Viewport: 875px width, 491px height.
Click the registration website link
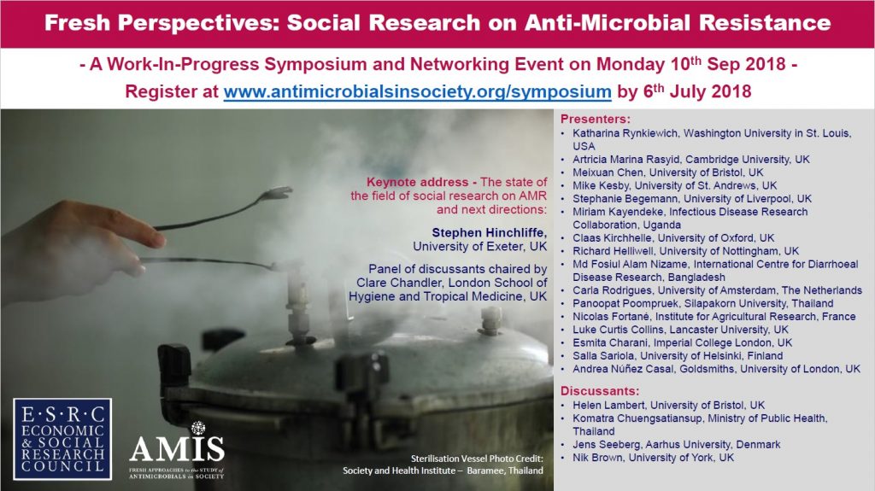tap(417, 91)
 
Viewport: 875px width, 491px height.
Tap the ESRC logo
tap(62, 439)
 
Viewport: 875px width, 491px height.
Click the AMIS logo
tap(177, 451)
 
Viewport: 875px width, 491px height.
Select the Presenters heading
tap(596, 119)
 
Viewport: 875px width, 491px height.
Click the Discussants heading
tap(600, 390)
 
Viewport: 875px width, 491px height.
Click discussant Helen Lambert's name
tap(608, 405)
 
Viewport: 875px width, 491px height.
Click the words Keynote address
tap(417, 183)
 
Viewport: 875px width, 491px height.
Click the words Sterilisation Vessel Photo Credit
tap(477, 459)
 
